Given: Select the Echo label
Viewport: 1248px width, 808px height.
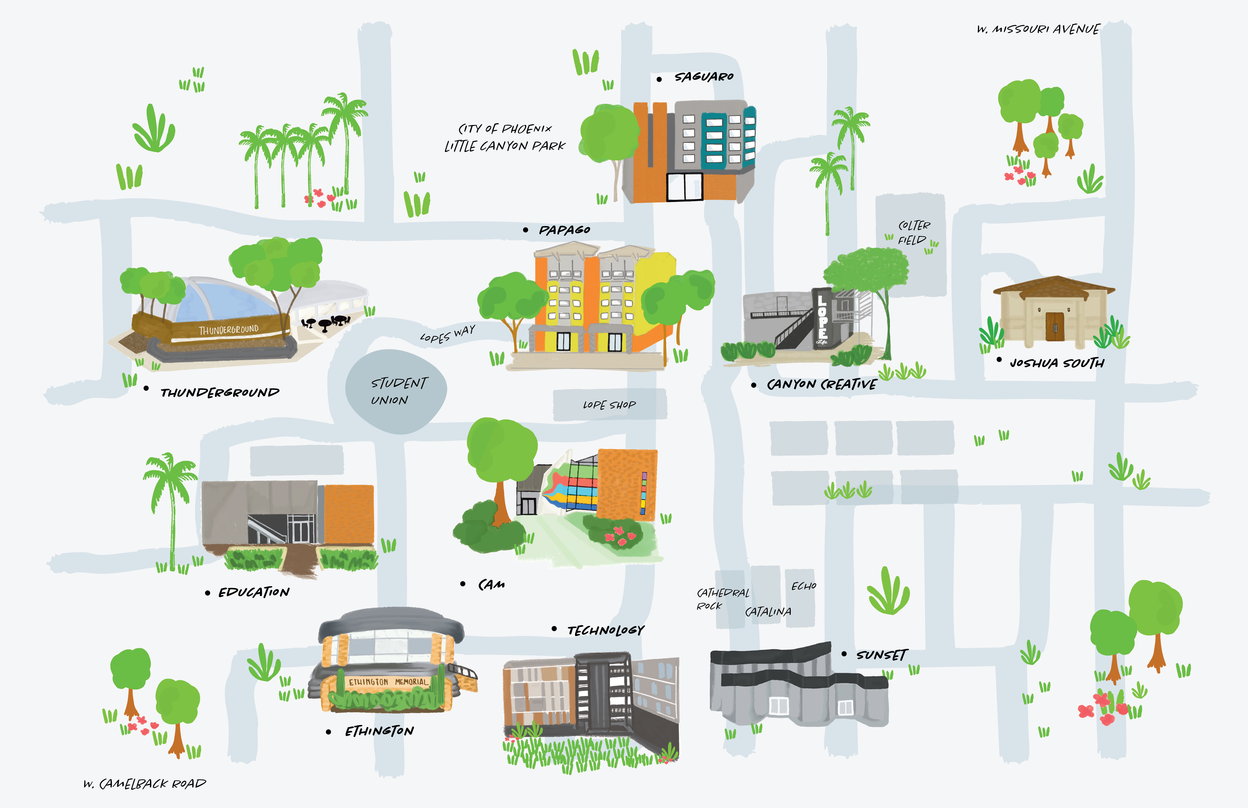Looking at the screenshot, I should pos(803,586).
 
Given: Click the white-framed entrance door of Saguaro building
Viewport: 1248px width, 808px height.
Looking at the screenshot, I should pos(684,187).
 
